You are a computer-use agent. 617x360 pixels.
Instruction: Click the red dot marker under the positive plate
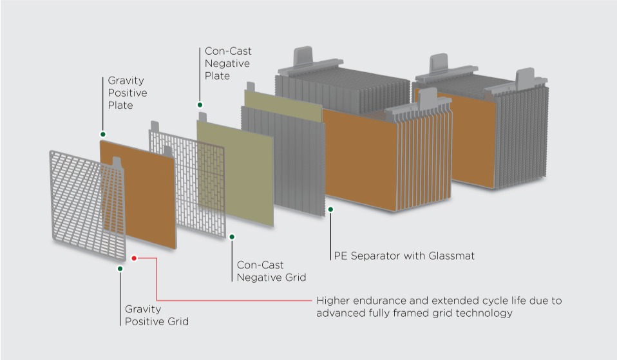pyautogui.click(x=134, y=258)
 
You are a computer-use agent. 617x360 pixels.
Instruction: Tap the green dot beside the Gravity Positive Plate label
pyautogui.click(x=102, y=134)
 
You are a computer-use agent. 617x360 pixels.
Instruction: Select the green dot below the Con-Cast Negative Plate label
pyautogui.click(x=200, y=104)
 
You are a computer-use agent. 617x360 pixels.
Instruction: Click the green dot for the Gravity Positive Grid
pyautogui.click(x=120, y=268)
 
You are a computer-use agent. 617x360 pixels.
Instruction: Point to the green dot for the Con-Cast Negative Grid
pyautogui.click(x=232, y=236)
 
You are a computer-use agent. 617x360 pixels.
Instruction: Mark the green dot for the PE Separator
pyautogui.click(x=330, y=209)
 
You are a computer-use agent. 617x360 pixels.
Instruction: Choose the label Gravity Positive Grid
pyautogui.click(x=157, y=315)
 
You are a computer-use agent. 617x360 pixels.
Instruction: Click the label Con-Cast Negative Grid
pyautogui.click(x=271, y=271)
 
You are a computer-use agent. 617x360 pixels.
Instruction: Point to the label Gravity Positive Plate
pyautogui.click(x=127, y=93)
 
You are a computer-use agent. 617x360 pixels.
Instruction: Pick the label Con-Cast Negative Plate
pyautogui.click(x=228, y=63)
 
